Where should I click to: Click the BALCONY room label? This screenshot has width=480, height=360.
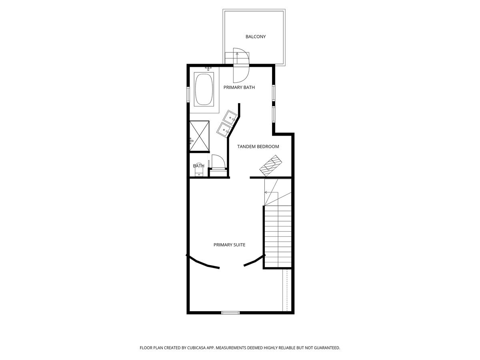pyautogui.click(x=256, y=37)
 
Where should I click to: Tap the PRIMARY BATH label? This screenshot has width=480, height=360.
pyautogui.click(x=239, y=88)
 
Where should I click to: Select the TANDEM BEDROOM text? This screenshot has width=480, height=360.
pyautogui.click(x=258, y=147)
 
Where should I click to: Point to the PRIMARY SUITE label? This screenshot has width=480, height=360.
pyautogui.click(x=229, y=245)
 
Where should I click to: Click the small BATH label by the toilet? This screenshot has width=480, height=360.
pyautogui.click(x=198, y=166)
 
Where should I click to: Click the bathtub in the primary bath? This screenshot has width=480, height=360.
pyautogui.click(x=204, y=90)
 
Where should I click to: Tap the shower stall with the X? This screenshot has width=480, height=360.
pyautogui.click(x=199, y=136)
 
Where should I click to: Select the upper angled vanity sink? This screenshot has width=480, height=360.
pyautogui.click(x=230, y=117)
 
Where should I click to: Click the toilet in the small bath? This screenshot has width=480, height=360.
pyautogui.click(x=199, y=170)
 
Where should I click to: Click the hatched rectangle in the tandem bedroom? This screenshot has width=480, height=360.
pyautogui.click(x=271, y=166)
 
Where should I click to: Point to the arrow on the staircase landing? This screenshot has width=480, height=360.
pyautogui.click(x=271, y=192)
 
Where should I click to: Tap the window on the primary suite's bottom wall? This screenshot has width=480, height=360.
pyautogui.click(x=230, y=312)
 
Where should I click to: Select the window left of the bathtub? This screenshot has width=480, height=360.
pyautogui.click(x=188, y=94)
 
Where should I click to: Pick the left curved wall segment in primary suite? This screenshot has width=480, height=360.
pyautogui.click(x=202, y=262)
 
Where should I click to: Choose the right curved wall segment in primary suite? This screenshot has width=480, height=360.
pyautogui.click(x=255, y=261)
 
